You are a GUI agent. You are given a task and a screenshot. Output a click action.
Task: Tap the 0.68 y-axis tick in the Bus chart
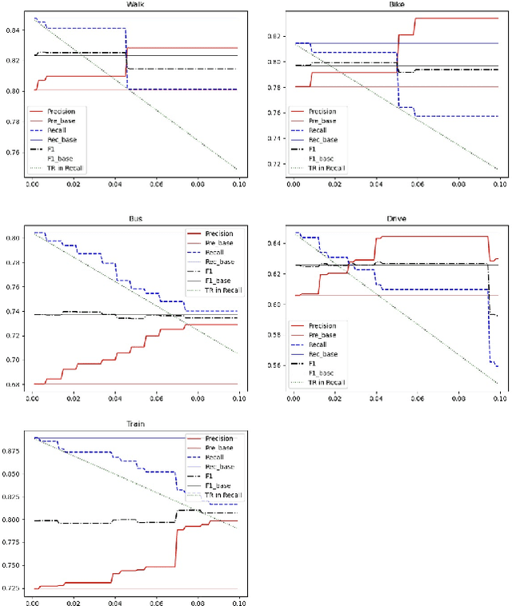click(x=15, y=384)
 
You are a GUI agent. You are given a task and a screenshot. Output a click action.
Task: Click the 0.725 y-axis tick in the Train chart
click(x=14, y=588)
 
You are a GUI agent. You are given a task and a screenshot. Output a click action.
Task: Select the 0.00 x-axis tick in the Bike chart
click(x=292, y=183)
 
